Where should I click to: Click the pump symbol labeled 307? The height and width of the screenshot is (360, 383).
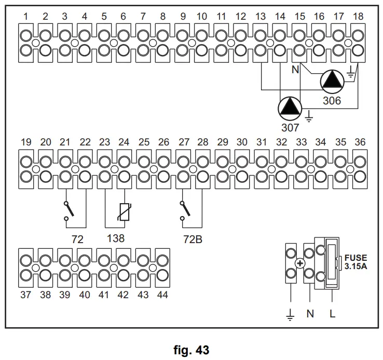click(290, 109)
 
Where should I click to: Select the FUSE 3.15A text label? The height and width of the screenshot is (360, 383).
click(355, 262)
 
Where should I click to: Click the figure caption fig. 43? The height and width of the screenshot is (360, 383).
click(191, 350)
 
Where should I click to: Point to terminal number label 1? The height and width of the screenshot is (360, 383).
click(25, 17)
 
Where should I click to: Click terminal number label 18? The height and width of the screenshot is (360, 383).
click(358, 17)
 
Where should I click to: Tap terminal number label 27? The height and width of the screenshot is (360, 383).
click(184, 142)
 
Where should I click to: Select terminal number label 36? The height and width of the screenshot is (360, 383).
click(360, 142)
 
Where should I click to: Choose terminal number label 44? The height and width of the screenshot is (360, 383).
click(162, 295)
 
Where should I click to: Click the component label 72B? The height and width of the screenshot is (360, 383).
click(193, 239)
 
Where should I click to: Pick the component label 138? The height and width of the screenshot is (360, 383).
click(116, 238)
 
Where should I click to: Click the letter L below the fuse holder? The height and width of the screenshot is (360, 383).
click(332, 313)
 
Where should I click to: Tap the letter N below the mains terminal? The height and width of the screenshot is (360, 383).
click(310, 313)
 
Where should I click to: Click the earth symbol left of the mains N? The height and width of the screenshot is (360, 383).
click(290, 314)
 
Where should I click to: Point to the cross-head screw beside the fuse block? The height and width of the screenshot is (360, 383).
click(300, 263)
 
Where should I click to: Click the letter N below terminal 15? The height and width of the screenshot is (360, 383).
click(295, 70)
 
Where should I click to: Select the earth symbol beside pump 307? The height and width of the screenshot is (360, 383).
click(309, 116)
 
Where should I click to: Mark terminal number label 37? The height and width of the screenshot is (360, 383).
click(25, 295)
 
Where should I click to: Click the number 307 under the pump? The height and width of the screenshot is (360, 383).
click(290, 127)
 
